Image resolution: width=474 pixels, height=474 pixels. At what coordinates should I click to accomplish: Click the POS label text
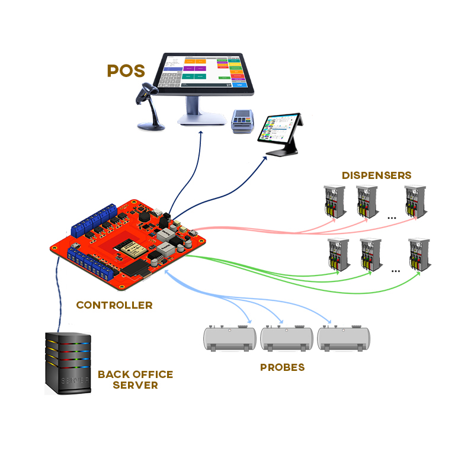pyautogui.click(x=126, y=71)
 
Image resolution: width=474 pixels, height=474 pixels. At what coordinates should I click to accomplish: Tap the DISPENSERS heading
pyautogui.click(x=376, y=175)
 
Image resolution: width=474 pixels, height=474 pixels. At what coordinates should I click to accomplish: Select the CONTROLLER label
pyautogui.click(x=114, y=306)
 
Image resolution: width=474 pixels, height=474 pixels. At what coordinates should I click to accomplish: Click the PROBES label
pyautogui.click(x=282, y=367)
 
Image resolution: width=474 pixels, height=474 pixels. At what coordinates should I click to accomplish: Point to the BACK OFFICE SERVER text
pyautogui.click(x=135, y=380)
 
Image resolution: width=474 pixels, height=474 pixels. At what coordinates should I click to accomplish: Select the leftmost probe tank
pyautogui.click(x=230, y=338)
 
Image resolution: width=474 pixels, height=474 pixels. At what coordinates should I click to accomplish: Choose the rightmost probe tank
pyautogui.click(x=344, y=338)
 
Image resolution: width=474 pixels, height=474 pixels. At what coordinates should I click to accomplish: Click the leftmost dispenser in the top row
pyautogui.click(x=334, y=201)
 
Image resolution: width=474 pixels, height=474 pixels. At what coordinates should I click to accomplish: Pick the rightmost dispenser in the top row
pyautogui.click(x=415, y=201)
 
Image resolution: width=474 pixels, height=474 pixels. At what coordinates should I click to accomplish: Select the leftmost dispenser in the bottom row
pyautogui.click(x=338, y=255)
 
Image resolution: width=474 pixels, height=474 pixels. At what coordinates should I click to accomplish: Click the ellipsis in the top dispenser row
pyautogui.click(x=392, y=218)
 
